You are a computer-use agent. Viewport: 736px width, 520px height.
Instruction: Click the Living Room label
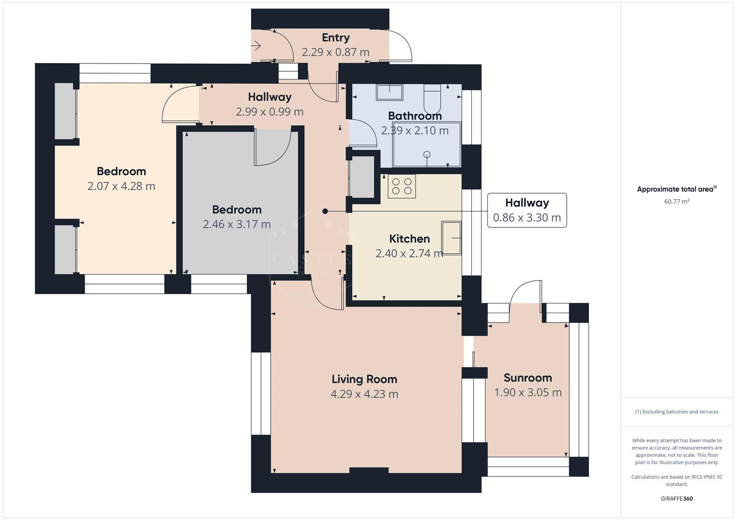click(x=364, y=379)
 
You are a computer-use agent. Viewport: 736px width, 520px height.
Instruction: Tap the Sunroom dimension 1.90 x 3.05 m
click(x=528, y=392)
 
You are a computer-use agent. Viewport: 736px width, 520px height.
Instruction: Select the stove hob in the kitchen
click(x=401, y=186)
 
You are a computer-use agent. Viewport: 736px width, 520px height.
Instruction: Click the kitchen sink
click(x=452, y=238)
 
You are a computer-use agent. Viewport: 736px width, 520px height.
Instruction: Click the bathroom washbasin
click(x=389, y=92)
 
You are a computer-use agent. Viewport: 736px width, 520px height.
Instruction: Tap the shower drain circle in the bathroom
click(x=427, y=155)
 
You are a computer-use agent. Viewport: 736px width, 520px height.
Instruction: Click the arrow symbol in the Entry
click(x=256, y=46)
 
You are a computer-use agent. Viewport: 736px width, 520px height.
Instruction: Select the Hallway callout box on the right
click(x=527, y=210)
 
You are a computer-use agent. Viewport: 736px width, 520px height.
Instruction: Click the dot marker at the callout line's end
click(x=325, y=211)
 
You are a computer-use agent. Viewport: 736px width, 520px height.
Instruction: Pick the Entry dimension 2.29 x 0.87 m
click(x=335, y=52)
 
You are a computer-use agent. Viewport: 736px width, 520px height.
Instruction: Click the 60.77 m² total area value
click(x=677, y=201)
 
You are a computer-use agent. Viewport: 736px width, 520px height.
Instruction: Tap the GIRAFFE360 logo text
click(x=677, y=498)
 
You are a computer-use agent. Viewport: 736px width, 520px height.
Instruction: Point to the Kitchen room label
click(x=409, y=239)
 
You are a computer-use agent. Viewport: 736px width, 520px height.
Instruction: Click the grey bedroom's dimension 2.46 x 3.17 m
click(x=237, y=224)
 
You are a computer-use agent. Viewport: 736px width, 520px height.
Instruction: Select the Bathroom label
click(x=415, y=116)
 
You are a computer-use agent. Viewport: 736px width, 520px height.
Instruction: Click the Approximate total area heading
click(x=677, y=189)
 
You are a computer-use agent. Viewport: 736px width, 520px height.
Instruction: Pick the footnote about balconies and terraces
click(x=677, y=412)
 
